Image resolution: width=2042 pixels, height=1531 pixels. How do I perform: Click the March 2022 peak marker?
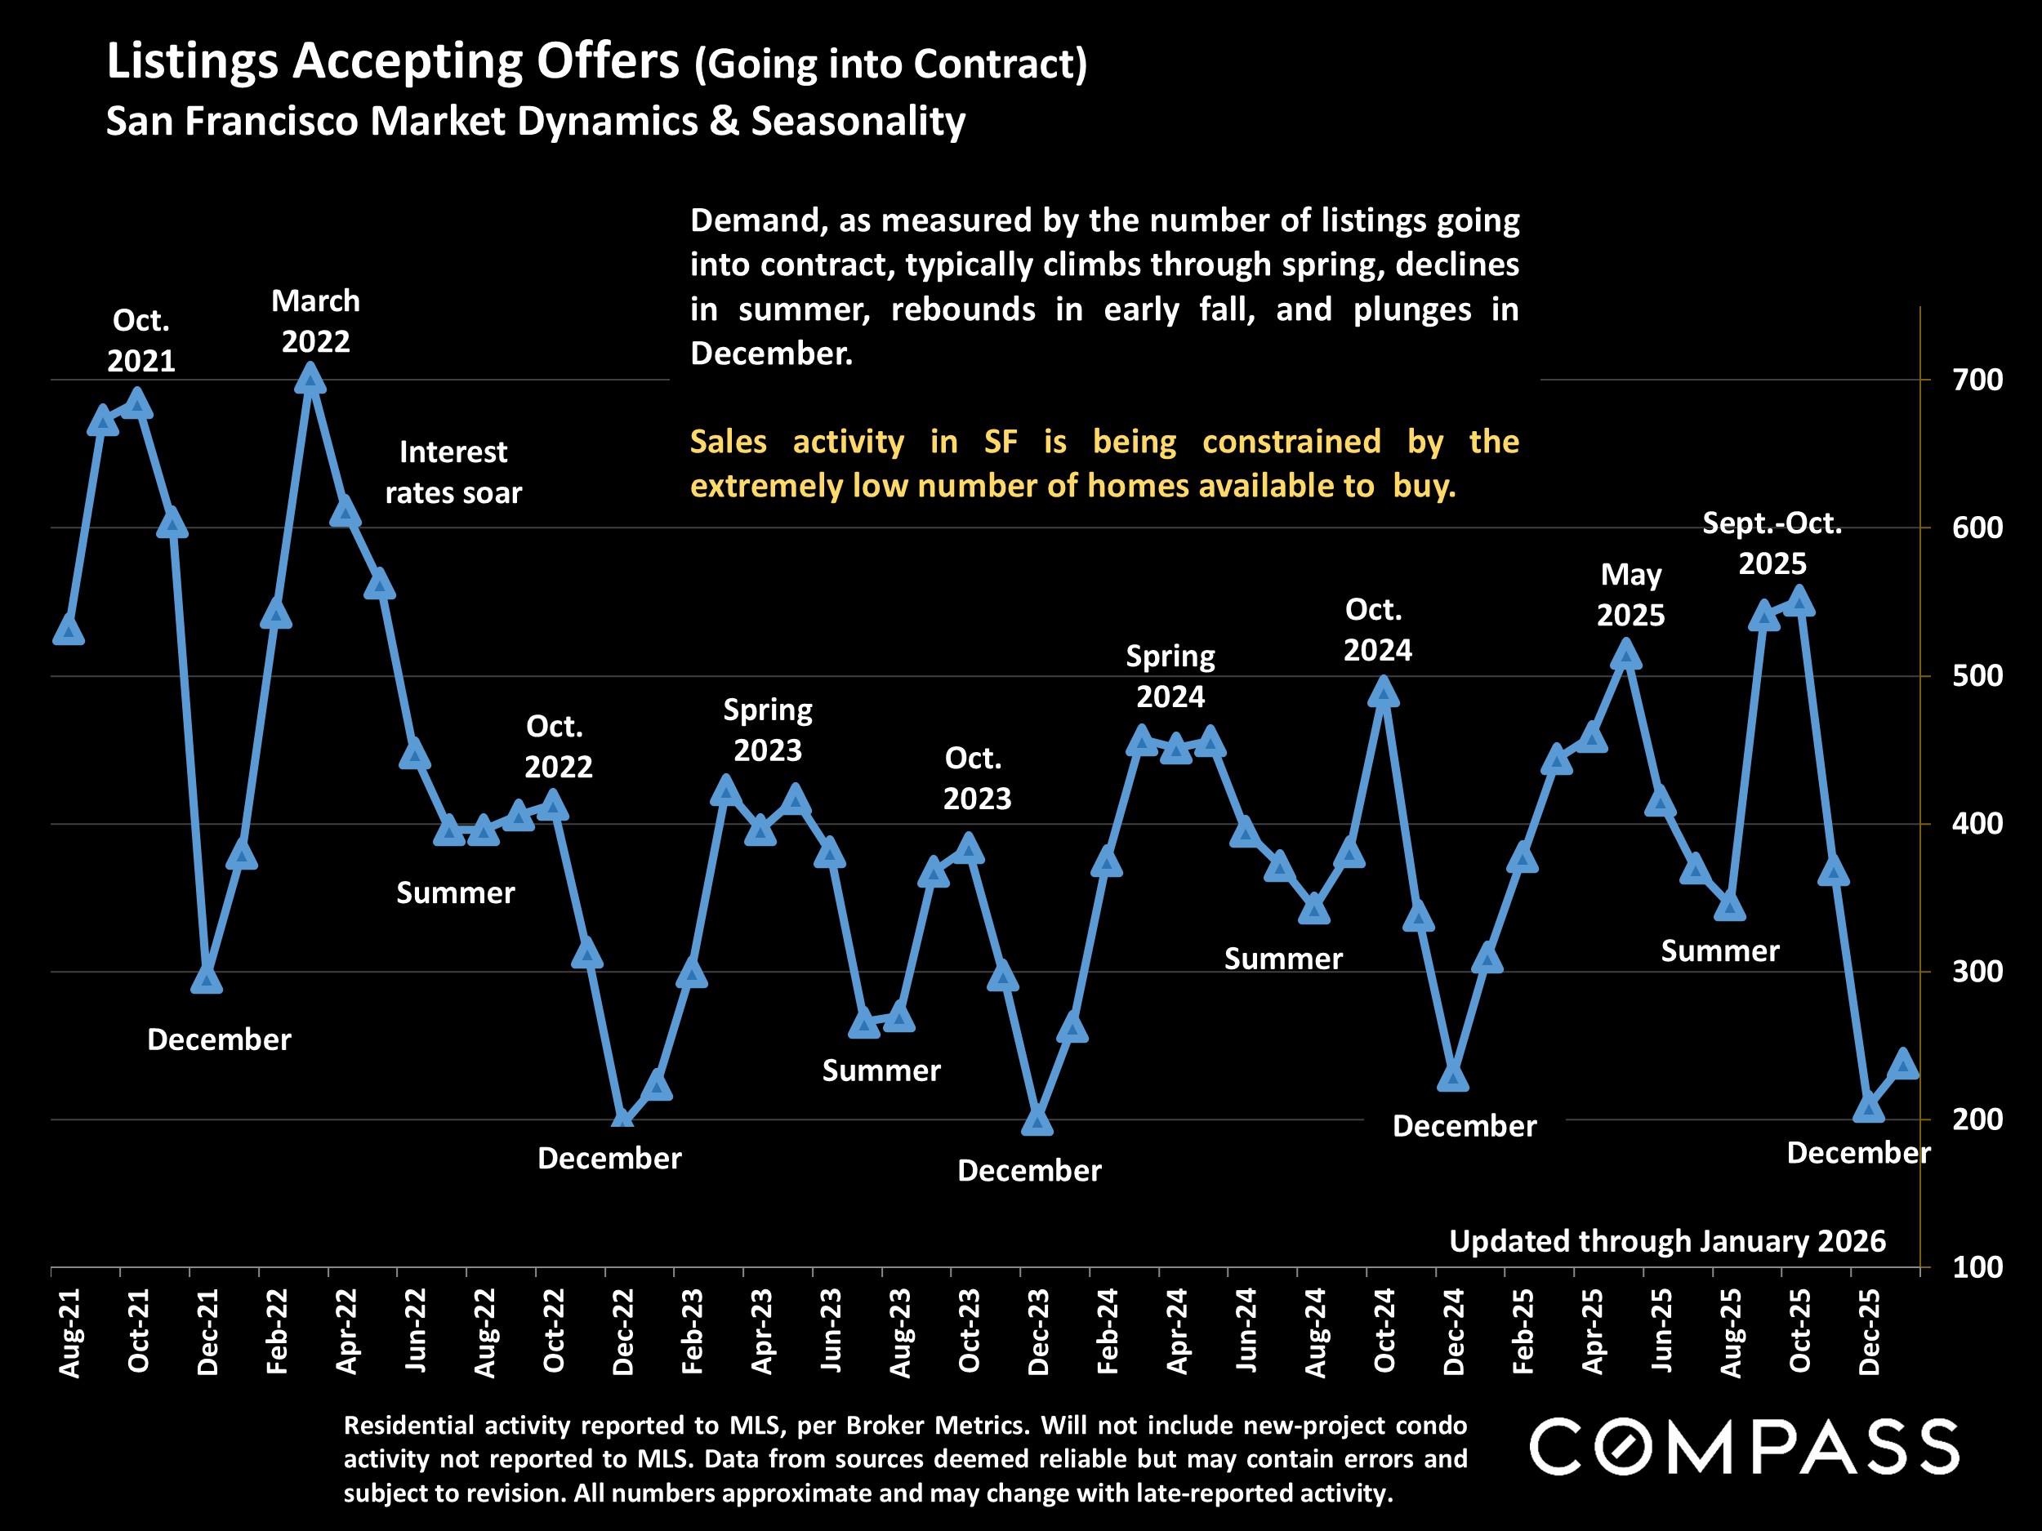pos(311,378)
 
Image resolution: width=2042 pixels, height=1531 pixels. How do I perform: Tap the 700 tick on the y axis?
pos(1977,380)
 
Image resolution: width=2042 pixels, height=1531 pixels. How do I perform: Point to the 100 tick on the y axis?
pos(1977,1267)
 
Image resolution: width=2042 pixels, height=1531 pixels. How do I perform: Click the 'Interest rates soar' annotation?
pos(453,473)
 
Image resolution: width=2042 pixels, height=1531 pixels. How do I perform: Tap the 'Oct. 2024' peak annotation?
pos(1376,630)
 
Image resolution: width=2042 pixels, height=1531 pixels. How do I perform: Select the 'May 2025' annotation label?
pos(1630,595)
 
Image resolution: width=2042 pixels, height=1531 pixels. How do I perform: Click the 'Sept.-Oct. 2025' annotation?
pos(1772,544)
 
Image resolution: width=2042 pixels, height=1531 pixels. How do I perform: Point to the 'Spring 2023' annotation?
pos(767,730)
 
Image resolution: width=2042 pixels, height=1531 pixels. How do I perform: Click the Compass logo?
pos(1744,1446)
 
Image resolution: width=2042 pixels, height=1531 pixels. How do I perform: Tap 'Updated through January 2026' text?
pos(1667,1241)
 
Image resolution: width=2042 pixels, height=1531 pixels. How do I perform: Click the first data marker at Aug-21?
pos(69,631)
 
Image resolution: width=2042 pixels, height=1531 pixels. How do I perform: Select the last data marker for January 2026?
pos(1903,1065)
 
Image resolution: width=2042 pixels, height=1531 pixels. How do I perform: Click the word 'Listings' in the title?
pos(192,63)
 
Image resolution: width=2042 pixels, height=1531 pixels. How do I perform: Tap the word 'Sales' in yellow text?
pos(729,442)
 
